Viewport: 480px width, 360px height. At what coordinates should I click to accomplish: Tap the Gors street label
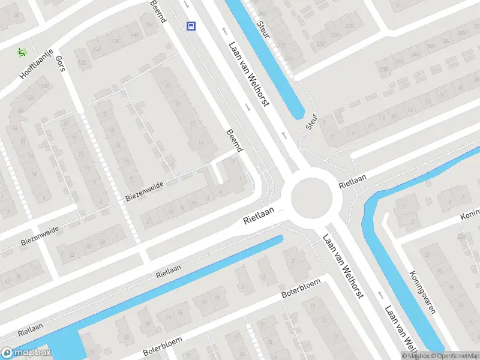(59, 62)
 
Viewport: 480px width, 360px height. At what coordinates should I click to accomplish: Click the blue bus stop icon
(191, 26)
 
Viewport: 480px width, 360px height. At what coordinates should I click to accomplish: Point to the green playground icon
(22, 52)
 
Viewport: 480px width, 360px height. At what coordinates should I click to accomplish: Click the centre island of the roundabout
(311, 196)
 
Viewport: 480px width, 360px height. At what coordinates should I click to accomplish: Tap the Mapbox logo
(26, 353)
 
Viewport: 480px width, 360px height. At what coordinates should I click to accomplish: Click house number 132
(82, 62)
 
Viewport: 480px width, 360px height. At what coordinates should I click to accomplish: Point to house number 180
(44, 86)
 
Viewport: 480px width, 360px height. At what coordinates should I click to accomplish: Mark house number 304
(445, 40)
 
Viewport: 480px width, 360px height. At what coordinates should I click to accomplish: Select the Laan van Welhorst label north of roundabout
(247, 74)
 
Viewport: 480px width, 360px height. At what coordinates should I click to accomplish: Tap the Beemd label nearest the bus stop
(158, 12)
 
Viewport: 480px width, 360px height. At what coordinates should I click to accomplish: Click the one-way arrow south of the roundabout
(380, 294)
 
